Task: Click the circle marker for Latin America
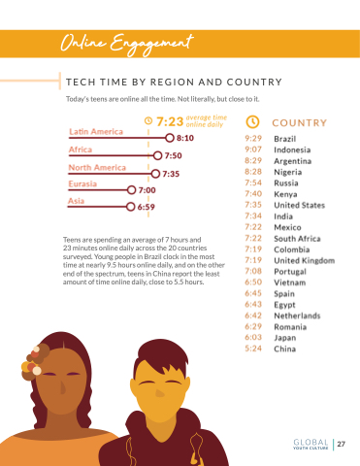pos(170,138)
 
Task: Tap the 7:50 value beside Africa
pos(173,155)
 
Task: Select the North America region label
pos(97,168)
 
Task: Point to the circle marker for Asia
pos(130,207)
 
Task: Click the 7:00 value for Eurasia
pos(147,190)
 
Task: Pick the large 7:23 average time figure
pos(170,121)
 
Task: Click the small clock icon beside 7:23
pos(148,120)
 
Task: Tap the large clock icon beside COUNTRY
pos(252,122)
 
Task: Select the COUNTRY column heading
pos(300,123)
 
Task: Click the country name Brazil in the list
pos(285,139)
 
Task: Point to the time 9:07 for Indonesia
pos(253,150)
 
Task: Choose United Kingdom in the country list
pos(305,260)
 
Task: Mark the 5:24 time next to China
pos(253,349)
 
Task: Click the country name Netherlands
pos(297,316)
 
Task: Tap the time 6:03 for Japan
pos(253,337)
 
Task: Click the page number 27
pos(342,444)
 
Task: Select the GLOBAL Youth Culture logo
pos(311,444)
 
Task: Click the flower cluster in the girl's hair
pos(35,361)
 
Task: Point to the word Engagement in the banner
pos(151,45)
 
